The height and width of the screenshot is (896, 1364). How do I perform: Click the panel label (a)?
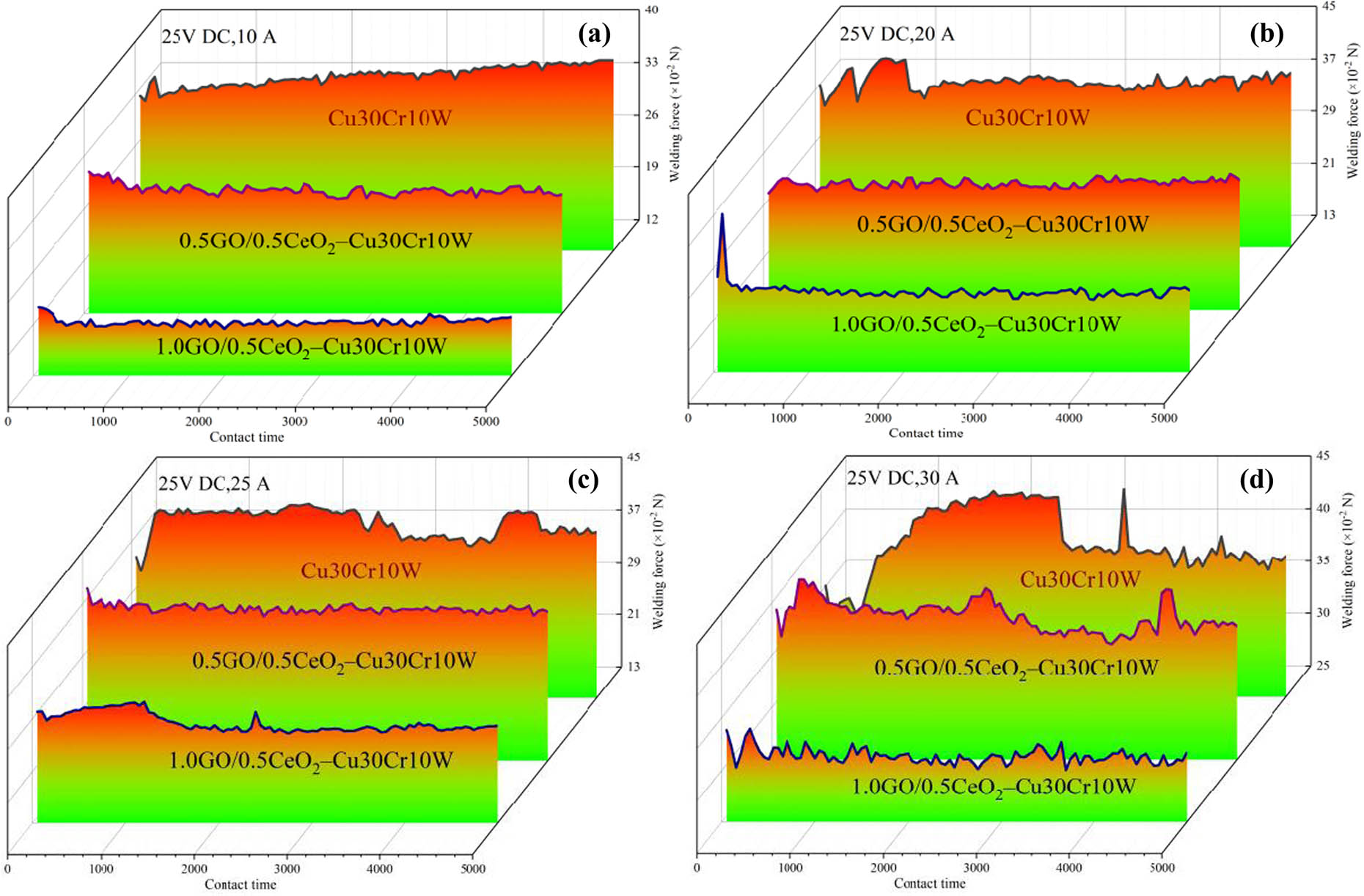pos(594,34)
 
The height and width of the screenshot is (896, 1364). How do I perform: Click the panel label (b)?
pos(1266,34)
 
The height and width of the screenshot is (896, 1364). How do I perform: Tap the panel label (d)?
pos(1256,480)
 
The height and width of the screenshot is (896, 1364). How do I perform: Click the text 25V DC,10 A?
pos(219,36)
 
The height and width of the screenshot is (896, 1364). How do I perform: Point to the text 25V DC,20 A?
pos(897,34)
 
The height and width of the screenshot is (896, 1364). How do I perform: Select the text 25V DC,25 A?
pos(214,484)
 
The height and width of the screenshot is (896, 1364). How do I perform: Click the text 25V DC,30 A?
pos(903,479)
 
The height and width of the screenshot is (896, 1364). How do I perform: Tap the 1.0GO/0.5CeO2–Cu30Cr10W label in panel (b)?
pos(976,324)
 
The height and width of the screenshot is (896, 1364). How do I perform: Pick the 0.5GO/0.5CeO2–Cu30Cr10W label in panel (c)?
pos(334,661)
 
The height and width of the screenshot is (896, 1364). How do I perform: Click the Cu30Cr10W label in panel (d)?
pos(1080,580)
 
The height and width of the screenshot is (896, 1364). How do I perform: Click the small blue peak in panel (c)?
pos(255,713)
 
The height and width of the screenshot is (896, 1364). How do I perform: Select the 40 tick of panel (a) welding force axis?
pos(651,10)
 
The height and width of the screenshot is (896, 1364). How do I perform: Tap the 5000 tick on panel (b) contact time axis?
pos(1164,418)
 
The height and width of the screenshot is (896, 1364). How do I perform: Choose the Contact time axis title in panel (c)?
pos(241,884)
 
